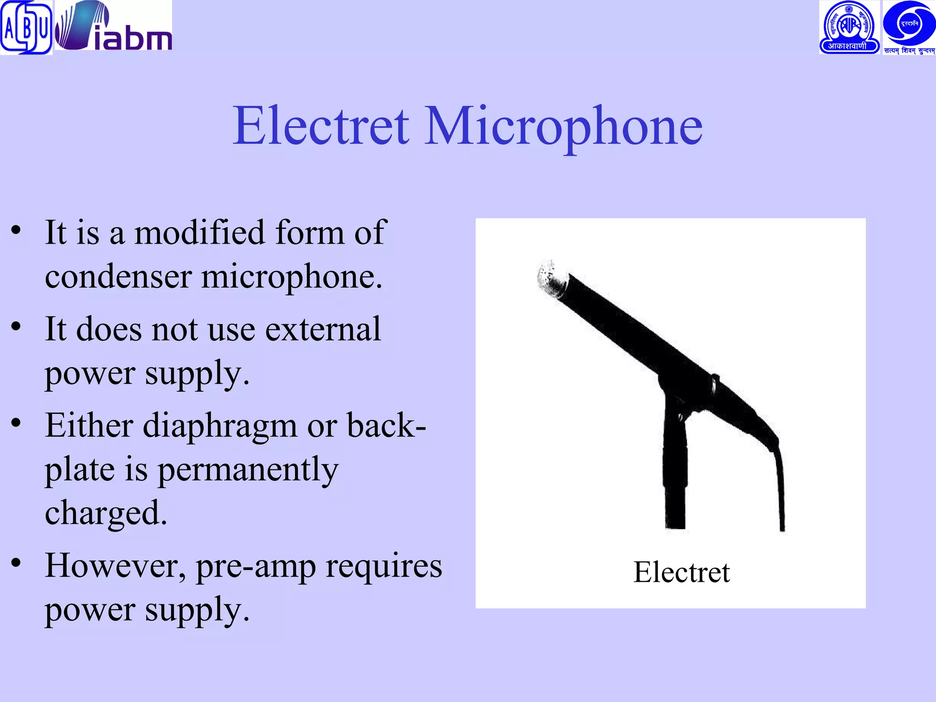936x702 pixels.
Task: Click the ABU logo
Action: (26, 27)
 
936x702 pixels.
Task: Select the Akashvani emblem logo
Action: (849, 27)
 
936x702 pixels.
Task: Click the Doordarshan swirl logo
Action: (909, 27)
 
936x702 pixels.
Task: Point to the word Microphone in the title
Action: (563, 127)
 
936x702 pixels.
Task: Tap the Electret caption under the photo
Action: (681, 572)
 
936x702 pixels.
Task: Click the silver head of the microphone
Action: (552, 278)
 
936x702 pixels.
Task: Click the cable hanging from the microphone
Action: (780, 484)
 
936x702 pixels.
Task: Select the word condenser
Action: (118, 277)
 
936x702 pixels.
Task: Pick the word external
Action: (323, 329)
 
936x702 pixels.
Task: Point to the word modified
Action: (199, 233)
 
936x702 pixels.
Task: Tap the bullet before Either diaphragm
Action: (16, 423)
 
